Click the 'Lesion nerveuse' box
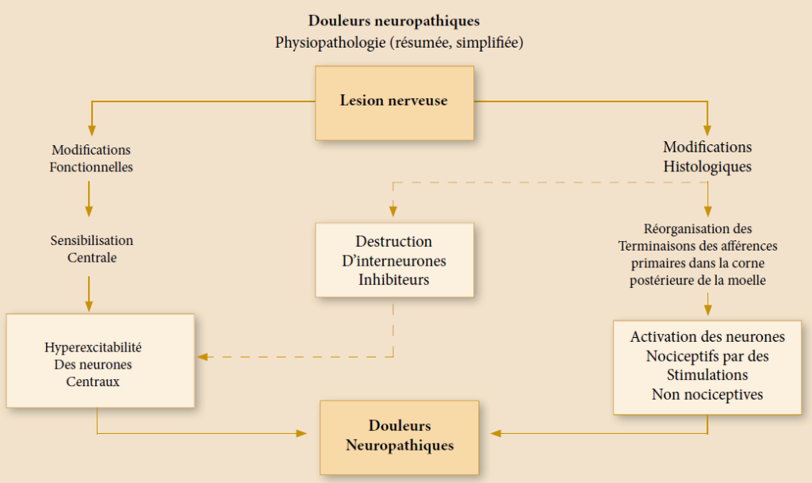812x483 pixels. pos(394,102)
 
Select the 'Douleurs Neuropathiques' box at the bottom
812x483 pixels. pos(400,436)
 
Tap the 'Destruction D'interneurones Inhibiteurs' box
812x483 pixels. pos(394,260)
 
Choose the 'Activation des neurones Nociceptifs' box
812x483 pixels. pos(707,366)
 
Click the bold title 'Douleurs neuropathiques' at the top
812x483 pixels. pos(394,21)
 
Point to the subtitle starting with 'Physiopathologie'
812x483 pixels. pos(399,42)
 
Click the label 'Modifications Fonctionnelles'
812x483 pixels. pos(91,158)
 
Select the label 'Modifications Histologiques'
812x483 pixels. pos(707,156)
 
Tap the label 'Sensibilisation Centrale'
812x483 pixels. pos(91,249)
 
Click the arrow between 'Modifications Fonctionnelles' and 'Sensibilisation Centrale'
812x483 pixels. pos(89,198)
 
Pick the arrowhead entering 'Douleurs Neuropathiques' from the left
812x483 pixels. pos(302,433)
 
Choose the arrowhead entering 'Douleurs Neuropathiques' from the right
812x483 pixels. pos(496,433)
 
